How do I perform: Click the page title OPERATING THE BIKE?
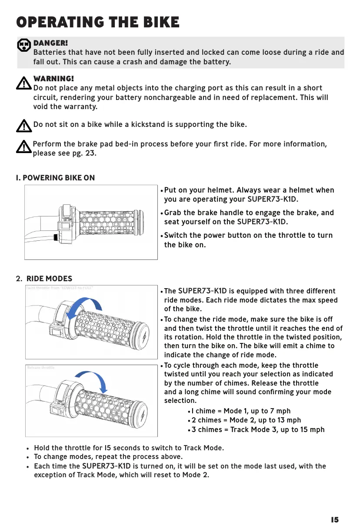click(97, 22)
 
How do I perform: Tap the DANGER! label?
click(50, 43)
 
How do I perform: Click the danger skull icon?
click(24, 45)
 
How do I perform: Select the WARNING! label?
click(53, 79)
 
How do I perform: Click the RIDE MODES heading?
click(49, 279)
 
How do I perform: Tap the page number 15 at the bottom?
click(334, 520)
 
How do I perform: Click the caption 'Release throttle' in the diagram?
click(41, 367)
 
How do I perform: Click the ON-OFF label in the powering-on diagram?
click(68, 220)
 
